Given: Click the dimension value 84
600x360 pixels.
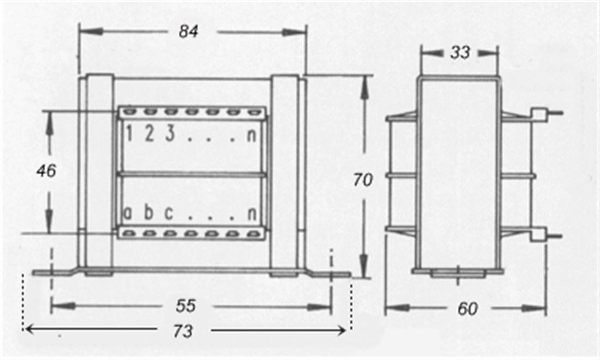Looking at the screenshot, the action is pos(188,32).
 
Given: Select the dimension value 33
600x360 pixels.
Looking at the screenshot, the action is pos(460,52).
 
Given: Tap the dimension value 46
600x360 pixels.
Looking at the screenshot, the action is pos(46,171).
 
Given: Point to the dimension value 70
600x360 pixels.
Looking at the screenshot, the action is pos(362,179).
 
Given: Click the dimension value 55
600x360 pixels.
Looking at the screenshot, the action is pos(186,305).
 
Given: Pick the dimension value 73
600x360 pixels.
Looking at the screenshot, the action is pos(183,331).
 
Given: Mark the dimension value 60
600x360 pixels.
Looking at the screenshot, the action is pos(467,309).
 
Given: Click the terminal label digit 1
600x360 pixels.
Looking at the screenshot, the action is pos(129,134).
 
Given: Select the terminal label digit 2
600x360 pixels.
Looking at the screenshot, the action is pos(149,134).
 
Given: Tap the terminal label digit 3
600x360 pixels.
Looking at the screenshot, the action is pos(170,134).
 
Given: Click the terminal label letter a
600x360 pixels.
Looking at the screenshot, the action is pos(127,213).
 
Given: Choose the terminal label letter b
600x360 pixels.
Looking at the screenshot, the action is pos(148,212).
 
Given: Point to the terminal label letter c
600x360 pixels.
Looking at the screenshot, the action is pos(169,213).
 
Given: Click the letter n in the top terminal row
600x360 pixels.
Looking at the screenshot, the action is pos(251,135).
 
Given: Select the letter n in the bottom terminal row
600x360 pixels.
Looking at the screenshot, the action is pos(252,214).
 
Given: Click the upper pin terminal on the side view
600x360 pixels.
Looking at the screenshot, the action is pos(547,114).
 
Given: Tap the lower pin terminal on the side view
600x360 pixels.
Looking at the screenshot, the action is pos(547,235).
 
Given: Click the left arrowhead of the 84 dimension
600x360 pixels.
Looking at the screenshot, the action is pos(91,32).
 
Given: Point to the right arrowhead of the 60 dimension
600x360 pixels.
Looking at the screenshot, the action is pos(533,308).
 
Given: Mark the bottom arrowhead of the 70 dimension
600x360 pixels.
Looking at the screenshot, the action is pos(364,264).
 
